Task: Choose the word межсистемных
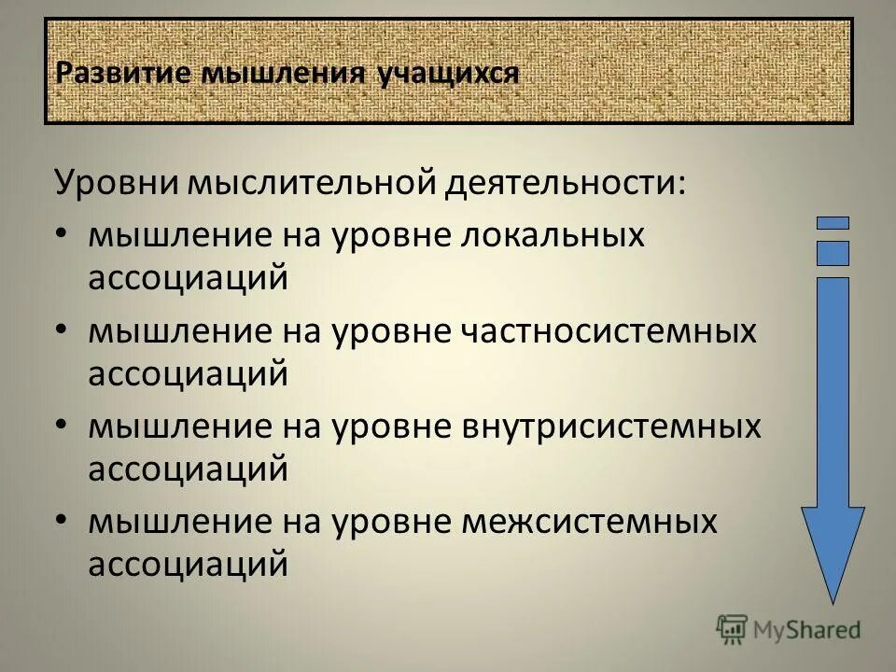[x=591, y=522]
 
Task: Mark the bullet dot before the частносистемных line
[x=62, y=331]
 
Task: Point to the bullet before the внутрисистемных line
[x=62, y=427]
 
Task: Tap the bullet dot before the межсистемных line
[x=62, y=522]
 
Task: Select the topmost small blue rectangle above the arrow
[x=833, y=223]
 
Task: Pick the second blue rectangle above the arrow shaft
[x=833, y=253]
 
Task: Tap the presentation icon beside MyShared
[x=733, y=629]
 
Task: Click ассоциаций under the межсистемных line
[x=188, y=564]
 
